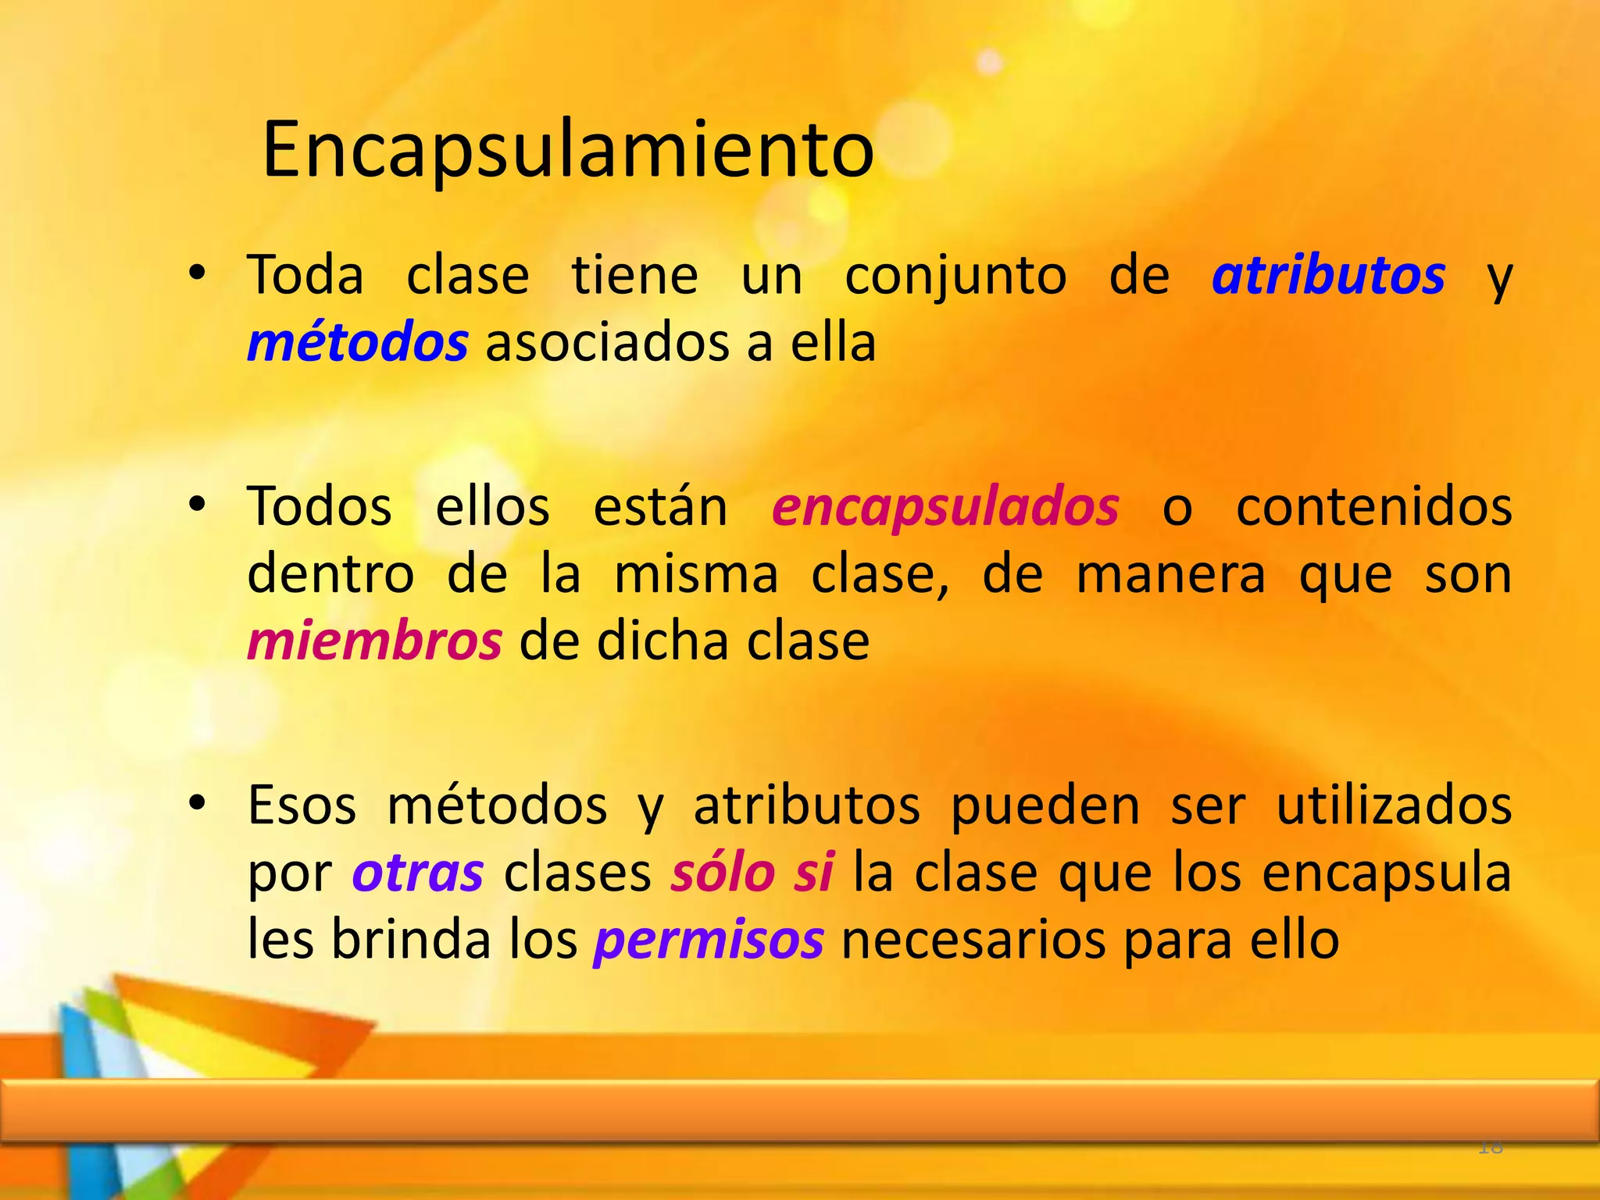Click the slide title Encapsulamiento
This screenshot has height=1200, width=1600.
click(x=568, y=150)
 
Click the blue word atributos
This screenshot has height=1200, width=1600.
click(x=1328, y=276)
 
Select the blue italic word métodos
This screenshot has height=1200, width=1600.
click(x=358, y=344)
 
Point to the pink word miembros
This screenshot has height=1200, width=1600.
click(x=374, y=641)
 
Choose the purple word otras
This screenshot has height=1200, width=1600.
click(x=418, y=873)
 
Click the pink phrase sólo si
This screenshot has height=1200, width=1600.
click(x=752, y=873)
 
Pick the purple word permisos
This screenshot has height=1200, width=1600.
click(x=709, y=940)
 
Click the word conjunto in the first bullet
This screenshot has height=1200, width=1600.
click(x=955, y=276)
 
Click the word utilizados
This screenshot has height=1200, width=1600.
click(x=1394, y=805)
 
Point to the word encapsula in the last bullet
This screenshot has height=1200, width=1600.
click(x=1387, y=873)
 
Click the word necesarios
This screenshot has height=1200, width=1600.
click(x=973, y=940)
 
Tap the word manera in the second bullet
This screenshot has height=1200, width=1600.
click(x=1170, y=575)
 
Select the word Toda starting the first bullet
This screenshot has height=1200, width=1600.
click(x=305, y=276)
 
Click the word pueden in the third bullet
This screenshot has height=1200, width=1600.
click(x=1045, y=805)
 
